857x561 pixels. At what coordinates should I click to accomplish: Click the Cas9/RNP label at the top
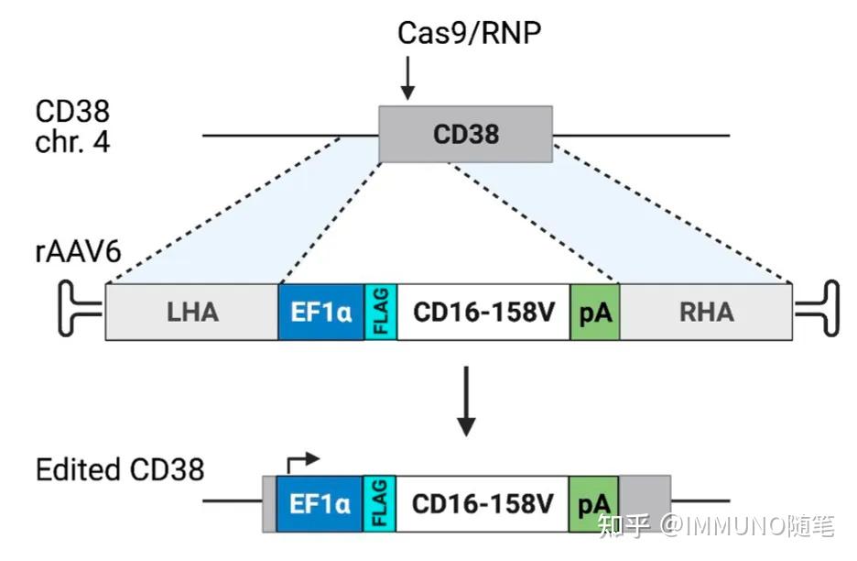(x=469, y=33)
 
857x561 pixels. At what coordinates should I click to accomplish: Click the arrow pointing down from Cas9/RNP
(x=407, y=78)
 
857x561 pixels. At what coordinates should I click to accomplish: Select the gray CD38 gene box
(x=466, y=134)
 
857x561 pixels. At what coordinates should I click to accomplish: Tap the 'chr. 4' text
(x=72, y=142)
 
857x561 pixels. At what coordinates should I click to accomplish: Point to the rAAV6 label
(x=78, y=252)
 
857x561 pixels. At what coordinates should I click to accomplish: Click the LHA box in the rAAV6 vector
(x=192, y=312)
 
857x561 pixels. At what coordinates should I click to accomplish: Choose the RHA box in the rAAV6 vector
(x=706, y=312)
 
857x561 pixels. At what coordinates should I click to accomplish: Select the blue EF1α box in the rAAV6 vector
(x=320, y=312)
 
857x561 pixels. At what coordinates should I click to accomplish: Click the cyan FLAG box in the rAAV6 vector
(x=380, y=312)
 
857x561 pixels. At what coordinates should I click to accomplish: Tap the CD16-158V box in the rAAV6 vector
(x=483, y=312)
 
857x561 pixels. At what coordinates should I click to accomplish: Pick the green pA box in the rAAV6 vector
(x=594, y=312)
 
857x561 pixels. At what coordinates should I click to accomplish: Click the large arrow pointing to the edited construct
(x=466, y=401)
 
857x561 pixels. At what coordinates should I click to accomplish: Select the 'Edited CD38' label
(x=120, y=469)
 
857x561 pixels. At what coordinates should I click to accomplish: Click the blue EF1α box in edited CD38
(x=320, y=503)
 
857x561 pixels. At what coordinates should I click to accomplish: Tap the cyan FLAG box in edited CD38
(x=379, y=503)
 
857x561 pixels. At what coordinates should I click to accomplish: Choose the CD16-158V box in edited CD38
(x=483, y=503)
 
